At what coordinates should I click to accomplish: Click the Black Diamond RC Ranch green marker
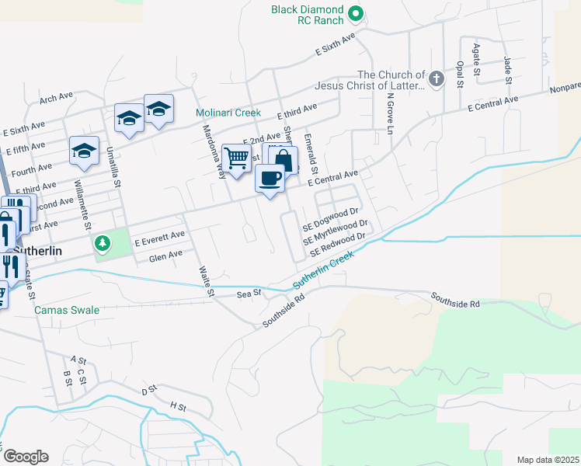point(356,12)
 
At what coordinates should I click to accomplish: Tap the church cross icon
point(437,78)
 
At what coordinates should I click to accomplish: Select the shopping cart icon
point(236,158)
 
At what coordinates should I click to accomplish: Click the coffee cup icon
point(270,178)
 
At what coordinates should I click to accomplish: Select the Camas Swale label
point(67,310)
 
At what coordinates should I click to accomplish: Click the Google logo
point(26,457)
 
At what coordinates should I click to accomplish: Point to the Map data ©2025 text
point(548,460)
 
